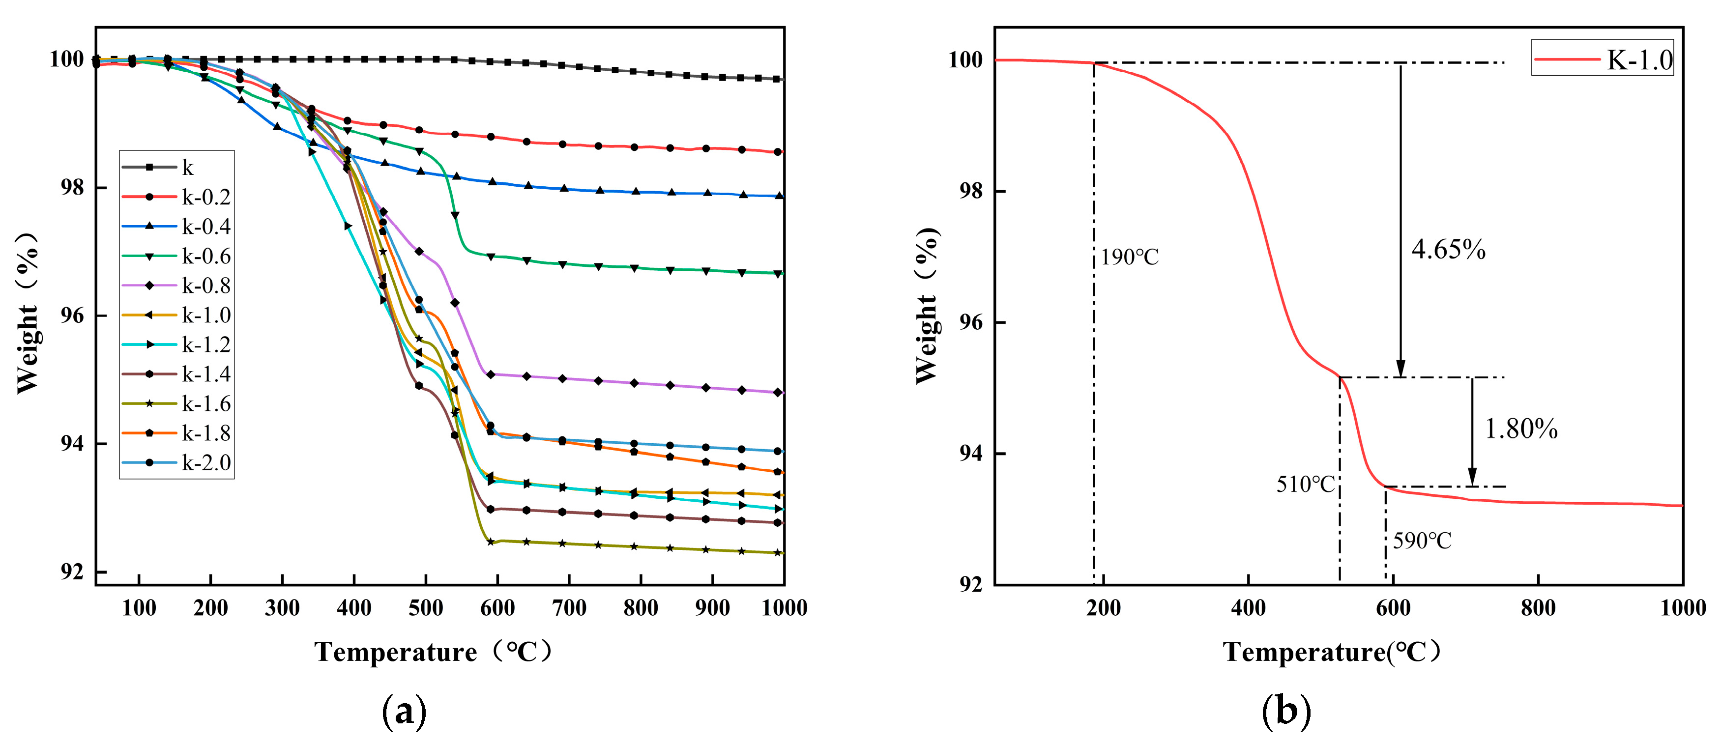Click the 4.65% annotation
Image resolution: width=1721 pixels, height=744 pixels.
point(1448,250)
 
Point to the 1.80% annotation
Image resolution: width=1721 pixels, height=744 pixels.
point(1520,429)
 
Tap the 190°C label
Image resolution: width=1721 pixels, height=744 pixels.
point(1130,257)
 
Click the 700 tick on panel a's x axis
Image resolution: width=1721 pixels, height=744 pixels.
point(569,608)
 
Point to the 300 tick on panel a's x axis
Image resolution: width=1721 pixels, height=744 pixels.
point(282,608)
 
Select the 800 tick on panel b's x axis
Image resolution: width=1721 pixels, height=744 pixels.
point(1538,608)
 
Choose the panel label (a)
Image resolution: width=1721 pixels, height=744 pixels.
point(404,713)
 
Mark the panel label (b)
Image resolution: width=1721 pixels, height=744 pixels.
point(1286,713)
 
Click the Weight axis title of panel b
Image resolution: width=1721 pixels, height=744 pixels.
point(927,306)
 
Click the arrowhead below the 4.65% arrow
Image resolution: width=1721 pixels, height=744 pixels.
point(1400,370)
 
